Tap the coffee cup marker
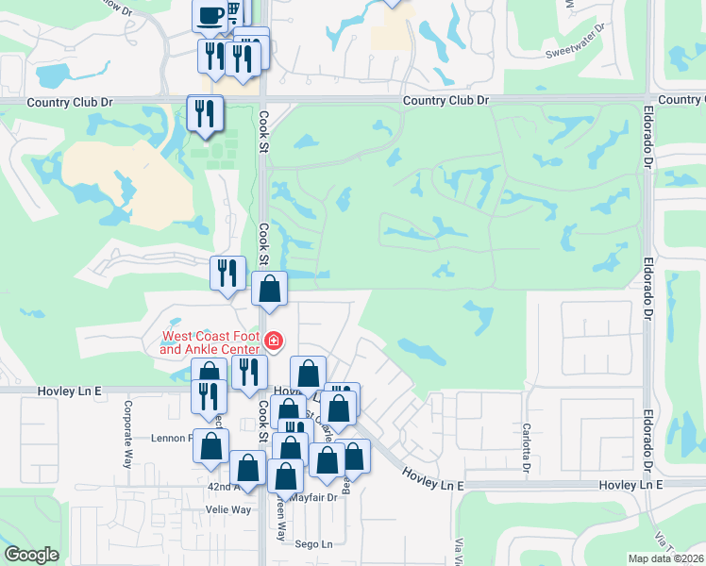(x=210, y=15)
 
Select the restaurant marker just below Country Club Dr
(x=205, y=114)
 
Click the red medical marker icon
(x=274, y=341)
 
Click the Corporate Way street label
(x=126, y=435)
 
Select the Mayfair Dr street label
(x=313, y=497)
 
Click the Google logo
(x=31, y=555)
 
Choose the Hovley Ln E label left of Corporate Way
(x=69, y=390)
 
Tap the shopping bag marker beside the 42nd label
(x=247, y=467)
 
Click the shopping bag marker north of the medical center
(x=270, y=289)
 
